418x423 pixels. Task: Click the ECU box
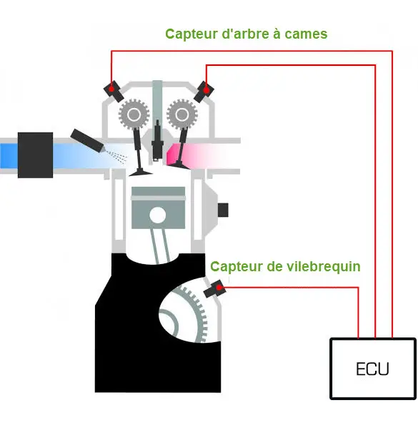pyautogui.click(x=372, y=367)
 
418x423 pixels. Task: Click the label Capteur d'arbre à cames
pyautogui.click(x=246, y=34)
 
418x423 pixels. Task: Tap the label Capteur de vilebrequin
pyautogui.click(x=285, y=266)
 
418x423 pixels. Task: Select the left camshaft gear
pyautogui.click(x=132, y=112)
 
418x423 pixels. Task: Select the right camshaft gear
pyautogui.click(x=179, y=112)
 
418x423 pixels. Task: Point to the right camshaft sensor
pyautogui.click(x=204, y=90)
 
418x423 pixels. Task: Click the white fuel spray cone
pyautogui.click(x=116, y=155)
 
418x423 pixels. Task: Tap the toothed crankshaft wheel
pyautogui.click(x=187, y=315)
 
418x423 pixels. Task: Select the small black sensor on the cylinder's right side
pyautogui.click(x=222, y=209)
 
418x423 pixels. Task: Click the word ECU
pyautogui.click(x=372, y=369)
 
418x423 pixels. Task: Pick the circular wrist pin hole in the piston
pyautogui.click(x=156, y=214)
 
